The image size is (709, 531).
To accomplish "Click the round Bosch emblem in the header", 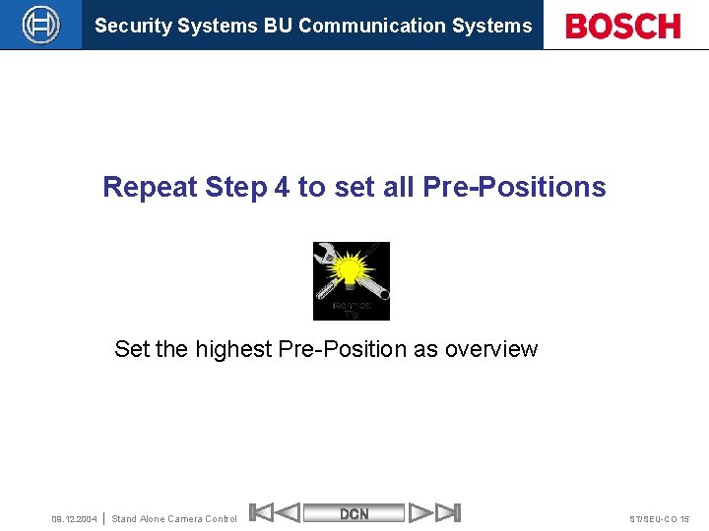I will [x=40, y=25].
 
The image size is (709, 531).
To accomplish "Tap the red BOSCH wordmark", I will [x=623, y=26].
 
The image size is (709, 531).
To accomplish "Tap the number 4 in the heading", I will [x=282, y=187].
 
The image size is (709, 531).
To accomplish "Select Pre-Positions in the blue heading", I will [x=514, y=187].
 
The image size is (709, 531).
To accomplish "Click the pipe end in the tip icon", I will [x=378, y=293].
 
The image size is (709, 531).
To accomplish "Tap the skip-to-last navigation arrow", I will [x=448, y=512].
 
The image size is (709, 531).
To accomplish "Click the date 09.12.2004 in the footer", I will [x=74, y=519].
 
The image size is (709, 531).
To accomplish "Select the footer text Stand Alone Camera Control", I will [x=174, y=519].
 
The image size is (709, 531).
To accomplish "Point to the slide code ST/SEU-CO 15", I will [x=659, y=519].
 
